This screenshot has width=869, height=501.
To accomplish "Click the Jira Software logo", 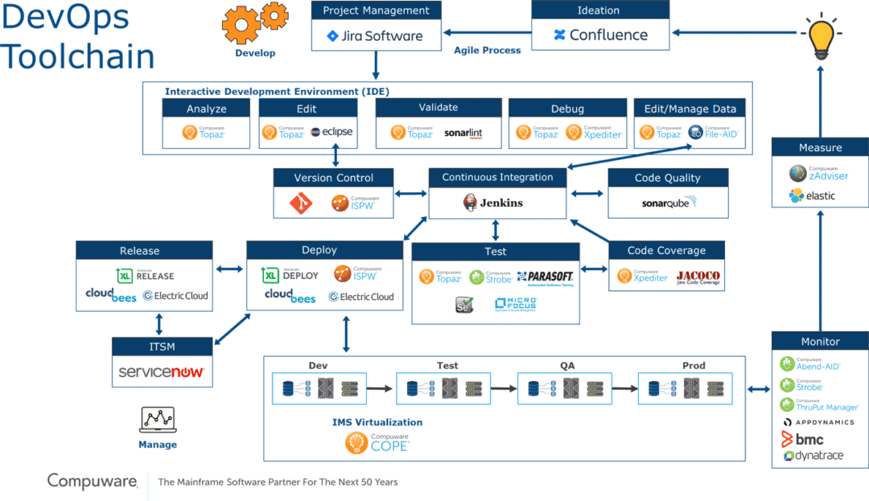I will [375, 35].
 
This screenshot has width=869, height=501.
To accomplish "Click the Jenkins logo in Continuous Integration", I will [494, 203].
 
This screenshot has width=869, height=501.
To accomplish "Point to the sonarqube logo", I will [669, 203].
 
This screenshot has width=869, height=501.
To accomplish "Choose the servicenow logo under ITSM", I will [162, 372].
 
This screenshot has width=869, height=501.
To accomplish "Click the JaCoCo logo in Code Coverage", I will [698, 277].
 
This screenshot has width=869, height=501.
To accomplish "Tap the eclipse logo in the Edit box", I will [331, 132].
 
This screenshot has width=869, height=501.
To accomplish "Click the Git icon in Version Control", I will [305, 204].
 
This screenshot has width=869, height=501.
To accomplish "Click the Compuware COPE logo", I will [377, 442].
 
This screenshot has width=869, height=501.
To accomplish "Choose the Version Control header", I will [333, 178].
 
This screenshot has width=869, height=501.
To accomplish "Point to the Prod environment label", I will [693, 365].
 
